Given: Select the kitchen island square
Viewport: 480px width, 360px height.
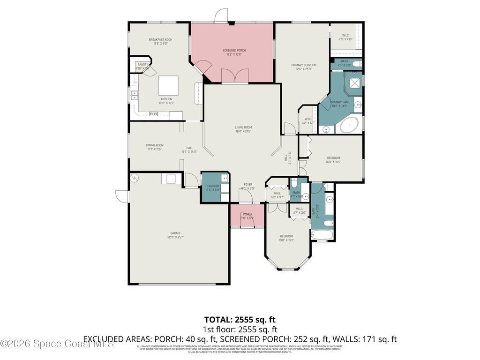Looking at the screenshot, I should [168, 86].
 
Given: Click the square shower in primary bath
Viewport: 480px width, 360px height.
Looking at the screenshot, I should [354, 83].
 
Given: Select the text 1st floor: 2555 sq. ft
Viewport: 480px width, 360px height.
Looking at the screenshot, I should [240, 329].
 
